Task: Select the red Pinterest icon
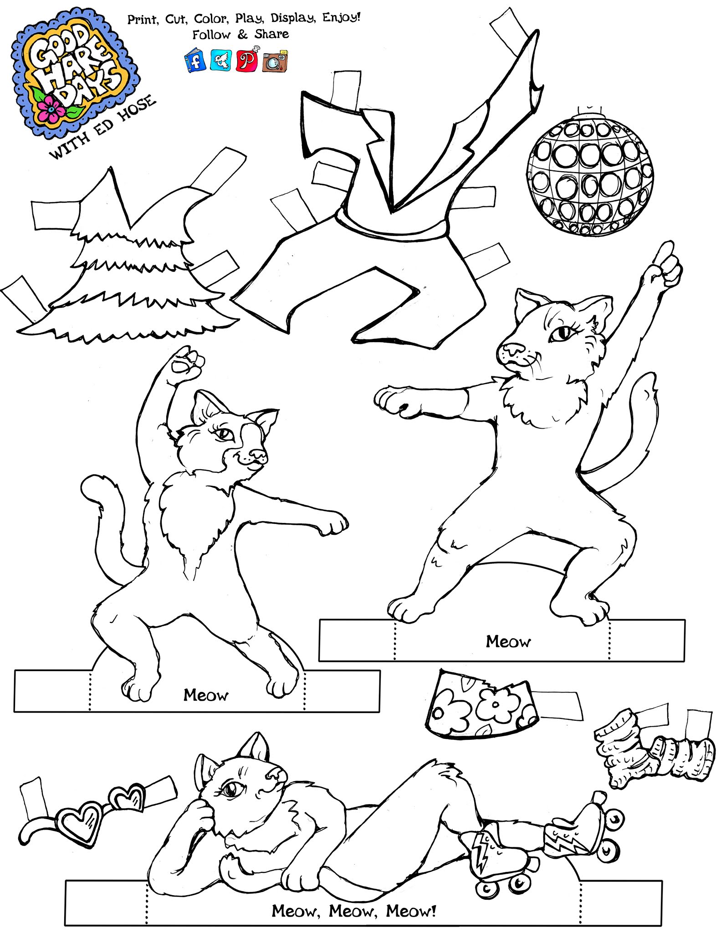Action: click(246, 60)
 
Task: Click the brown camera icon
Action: click(275, 61)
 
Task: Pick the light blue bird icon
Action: click(221, 60)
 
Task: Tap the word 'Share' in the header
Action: click(271, 34)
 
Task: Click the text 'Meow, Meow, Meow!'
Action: click(354, 911)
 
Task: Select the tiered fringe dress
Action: click(121, 260)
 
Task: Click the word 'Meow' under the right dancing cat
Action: click(508, 641)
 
